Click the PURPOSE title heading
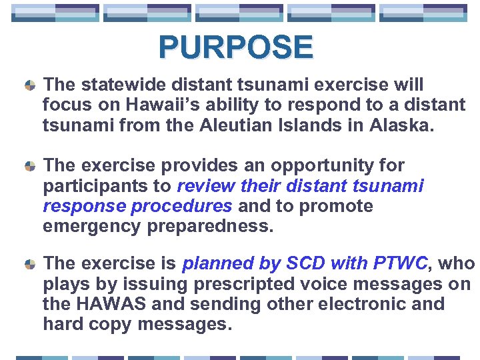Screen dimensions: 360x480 point(235,47)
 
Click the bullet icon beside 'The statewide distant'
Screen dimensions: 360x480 point(29,86)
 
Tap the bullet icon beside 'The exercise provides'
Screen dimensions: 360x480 point(29,166)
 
